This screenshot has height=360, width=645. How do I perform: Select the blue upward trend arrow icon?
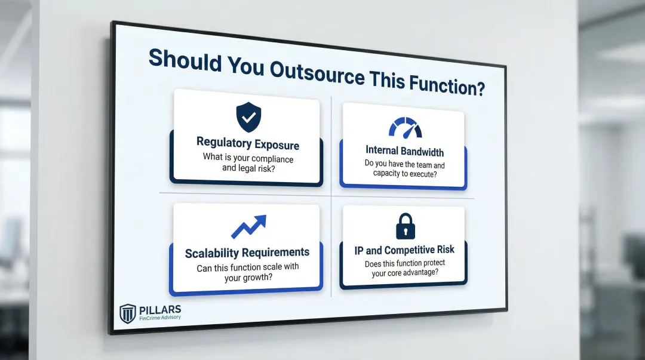(248, 227)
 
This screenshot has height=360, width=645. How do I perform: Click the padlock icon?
(406, 226)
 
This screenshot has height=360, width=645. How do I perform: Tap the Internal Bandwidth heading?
(404, 151)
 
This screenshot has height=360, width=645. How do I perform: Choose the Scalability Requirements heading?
(247, 253)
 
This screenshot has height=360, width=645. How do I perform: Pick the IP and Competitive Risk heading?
(404, 250)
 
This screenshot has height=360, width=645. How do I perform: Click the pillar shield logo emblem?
(128, 313)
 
